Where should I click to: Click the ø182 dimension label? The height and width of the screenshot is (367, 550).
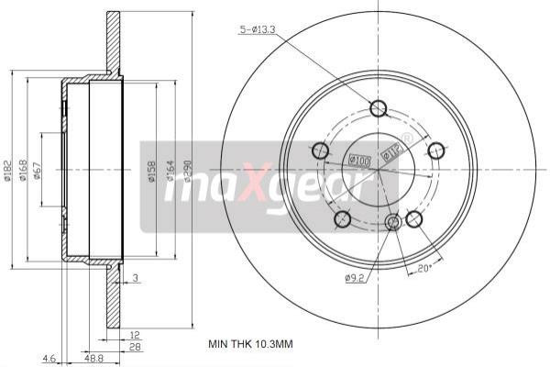tap(8, 171)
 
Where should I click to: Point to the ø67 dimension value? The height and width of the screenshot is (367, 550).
tap(38, 171)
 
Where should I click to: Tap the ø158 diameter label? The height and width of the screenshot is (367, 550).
tap(148, 171)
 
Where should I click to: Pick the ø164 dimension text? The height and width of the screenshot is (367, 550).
tap(169, 171)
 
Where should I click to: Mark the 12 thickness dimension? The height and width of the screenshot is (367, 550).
tap(134, 337)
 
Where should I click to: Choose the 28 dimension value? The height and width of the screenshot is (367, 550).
tap(134, 348)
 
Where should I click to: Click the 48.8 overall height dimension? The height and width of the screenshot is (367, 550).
tap(93, 359)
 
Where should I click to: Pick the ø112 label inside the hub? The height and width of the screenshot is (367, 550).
tap(392, 152)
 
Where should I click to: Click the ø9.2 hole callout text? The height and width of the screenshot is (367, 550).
tap(356, 278)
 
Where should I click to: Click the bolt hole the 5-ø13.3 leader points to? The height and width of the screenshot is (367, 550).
tap(378, 109)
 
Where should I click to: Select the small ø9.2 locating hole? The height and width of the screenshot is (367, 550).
tap(394, 222)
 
